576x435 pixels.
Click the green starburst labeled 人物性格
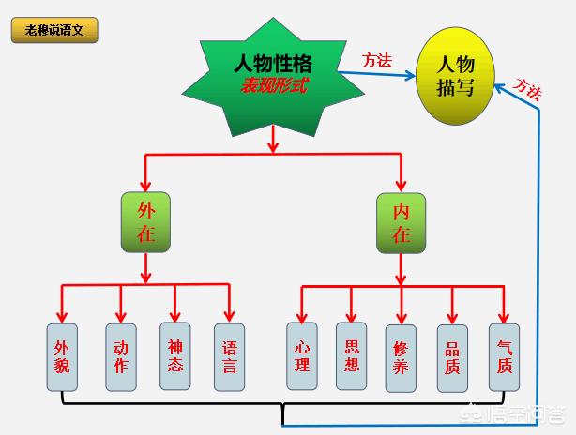coord(272,75)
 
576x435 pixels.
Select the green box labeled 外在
coord(145,222)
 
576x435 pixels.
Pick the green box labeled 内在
coord(402,222)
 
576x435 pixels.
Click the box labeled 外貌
coord(62,356)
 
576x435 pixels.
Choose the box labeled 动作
coord(120,356)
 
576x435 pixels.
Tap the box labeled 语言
coord(229,356)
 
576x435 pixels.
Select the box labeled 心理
coord(301,356)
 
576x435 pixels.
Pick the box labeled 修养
coord(402,356)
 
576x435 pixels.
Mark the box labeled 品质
coord(453,356)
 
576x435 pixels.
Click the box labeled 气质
coord(505,356)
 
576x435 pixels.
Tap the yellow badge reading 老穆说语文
coord(54,30)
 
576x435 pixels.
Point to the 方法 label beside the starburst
coord(377,60)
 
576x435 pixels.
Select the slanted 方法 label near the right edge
coord(528,88)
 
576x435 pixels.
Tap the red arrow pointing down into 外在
coord(145,173)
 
